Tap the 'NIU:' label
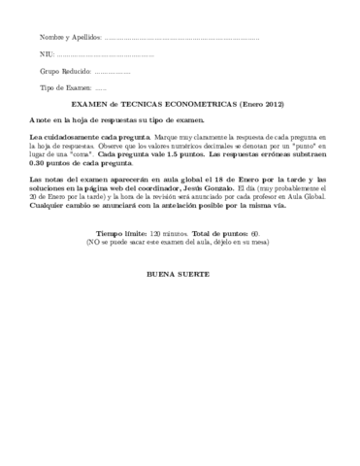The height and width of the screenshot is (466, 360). click(x=47, y=54)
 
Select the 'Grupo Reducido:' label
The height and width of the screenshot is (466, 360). click(x=65, y=72)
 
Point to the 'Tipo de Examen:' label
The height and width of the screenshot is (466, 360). click(x=65, y=88)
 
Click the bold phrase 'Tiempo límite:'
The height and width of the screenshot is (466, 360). click(x=122, y=233)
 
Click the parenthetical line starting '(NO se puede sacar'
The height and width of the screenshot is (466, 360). click(x=180, y=242)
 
